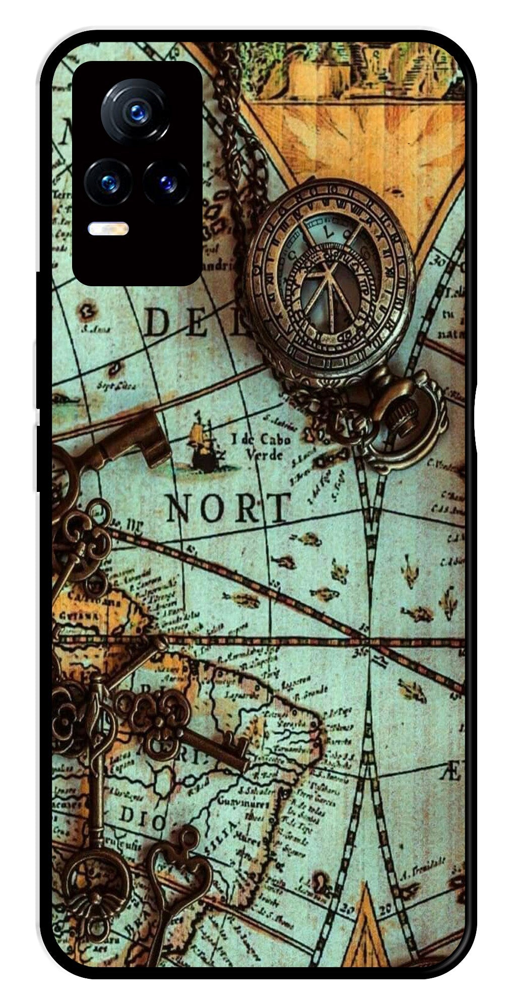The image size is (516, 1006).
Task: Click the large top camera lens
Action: pyautogui.click(x=135, y=111)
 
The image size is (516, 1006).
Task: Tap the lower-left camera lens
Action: pyautogui.click(x=108, y=183)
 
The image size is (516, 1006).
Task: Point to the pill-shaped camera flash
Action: pyautogui.click(x=108, y=229)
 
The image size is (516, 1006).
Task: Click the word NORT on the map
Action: pyautogui.click(x=228, y=508)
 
